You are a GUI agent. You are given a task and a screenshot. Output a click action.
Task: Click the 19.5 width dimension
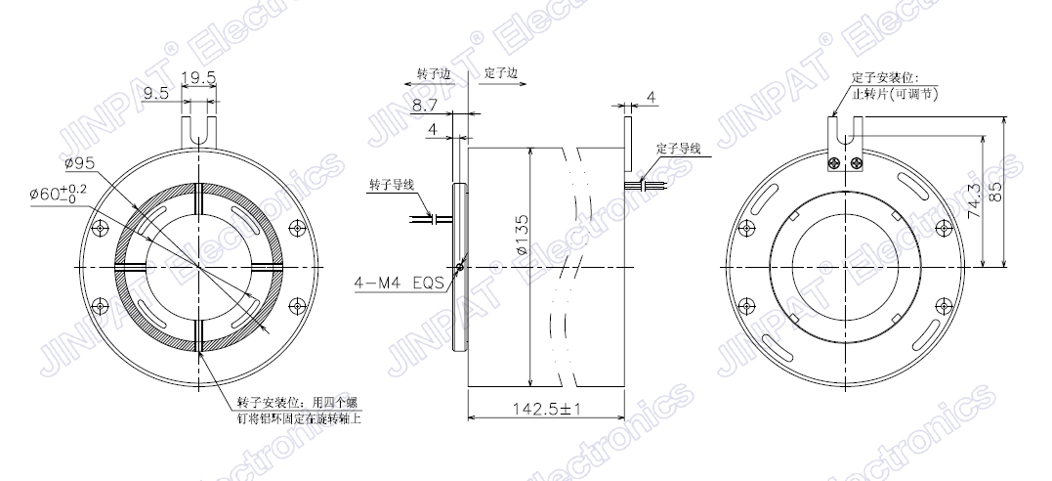(x=198, y=78)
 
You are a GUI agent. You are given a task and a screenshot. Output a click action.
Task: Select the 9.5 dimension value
(x=155, y=94)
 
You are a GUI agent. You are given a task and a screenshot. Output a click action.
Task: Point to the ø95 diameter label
(x=78, y=162)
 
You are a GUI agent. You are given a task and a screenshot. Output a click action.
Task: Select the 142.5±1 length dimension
(x=546, y=409)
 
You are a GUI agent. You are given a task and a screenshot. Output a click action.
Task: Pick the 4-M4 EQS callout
(x=400, y=284)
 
